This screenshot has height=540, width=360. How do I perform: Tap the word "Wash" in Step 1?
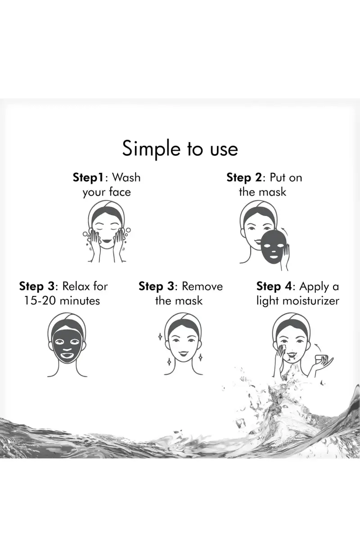[x=126, y=177]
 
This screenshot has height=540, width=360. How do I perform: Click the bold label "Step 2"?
[x=244, y=178]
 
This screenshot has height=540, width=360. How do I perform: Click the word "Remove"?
[x=202, y=287]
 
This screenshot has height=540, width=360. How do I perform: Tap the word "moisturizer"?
[x=311, y=301]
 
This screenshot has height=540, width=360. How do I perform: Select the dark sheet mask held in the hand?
[x=274, y=247]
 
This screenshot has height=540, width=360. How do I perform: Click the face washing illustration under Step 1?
[x=107, y=232]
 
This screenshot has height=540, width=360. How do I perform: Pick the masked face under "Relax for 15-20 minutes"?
[x=67, y=345]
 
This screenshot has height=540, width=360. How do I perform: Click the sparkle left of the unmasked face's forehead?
[x=160, y=337]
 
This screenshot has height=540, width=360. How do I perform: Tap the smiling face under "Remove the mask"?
[x=183, y=344]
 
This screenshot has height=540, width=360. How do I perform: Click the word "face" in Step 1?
[x=120, y=192]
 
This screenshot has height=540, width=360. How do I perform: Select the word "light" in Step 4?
[x=267, y=301]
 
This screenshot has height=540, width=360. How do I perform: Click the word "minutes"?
[x=80, y=301]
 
